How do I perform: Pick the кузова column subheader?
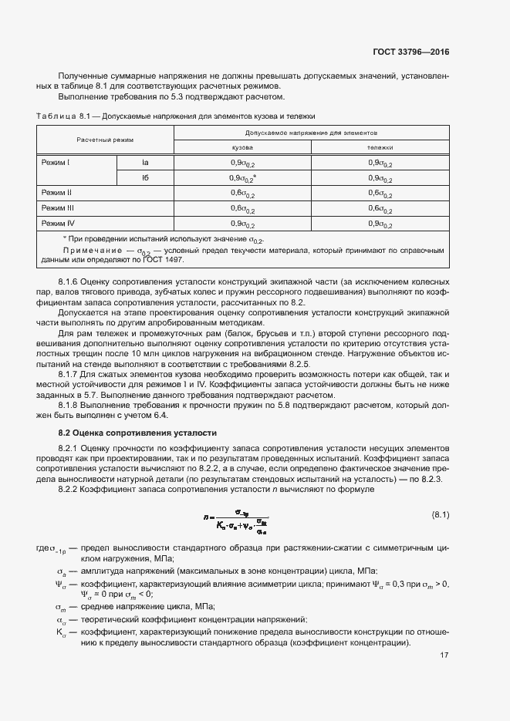click(243, 147)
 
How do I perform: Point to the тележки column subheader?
click(380, 147)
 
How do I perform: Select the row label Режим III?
click(57, 208)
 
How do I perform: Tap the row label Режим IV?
click(57, 224)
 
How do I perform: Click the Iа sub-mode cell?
click(145, 163)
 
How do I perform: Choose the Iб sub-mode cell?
click(145, 178)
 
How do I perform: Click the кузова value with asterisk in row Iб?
click(244, 178)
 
